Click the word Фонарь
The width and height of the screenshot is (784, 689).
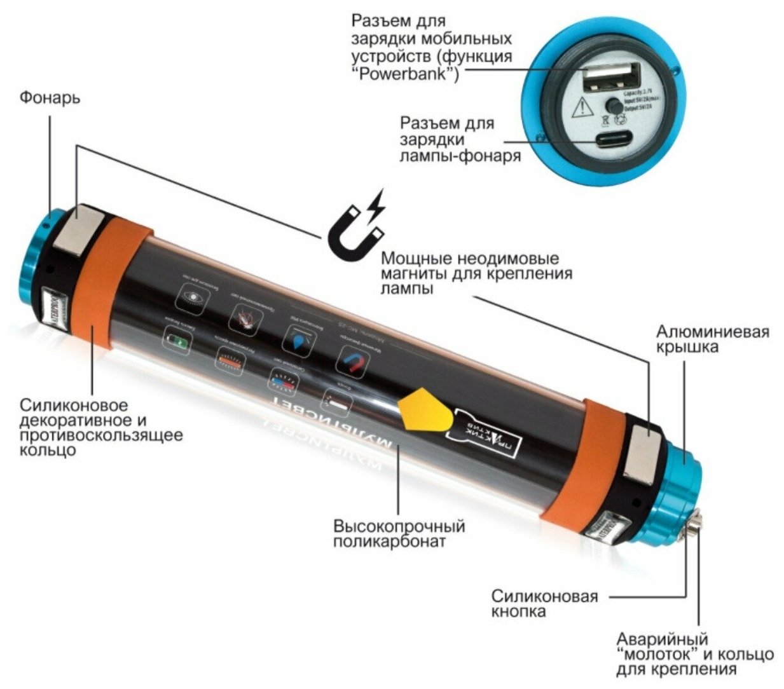[x=50, y=98]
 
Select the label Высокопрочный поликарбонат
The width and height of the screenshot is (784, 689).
[x=399, y=534]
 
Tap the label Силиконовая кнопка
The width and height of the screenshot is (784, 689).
[x=544, y=604]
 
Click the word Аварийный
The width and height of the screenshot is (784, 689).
[x=662, y=639]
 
